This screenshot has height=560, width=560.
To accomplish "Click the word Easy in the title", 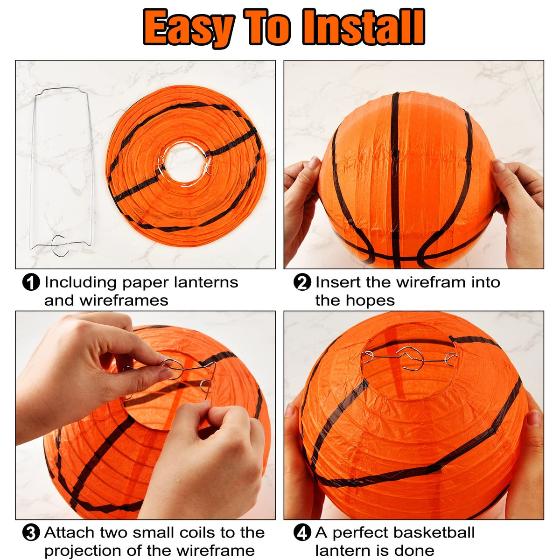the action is pyautogui.click(x=189, y=28).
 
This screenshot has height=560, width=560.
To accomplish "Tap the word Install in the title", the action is pyautogui.click(x=363, y=27).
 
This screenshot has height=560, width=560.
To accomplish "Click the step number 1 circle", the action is pyautogui.click(x=31, y=282).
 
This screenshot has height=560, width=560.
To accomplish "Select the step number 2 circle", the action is pyautogui.click(x=302, y=282).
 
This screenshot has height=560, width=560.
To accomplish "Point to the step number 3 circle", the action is pyautogui.click(x=31, y=533).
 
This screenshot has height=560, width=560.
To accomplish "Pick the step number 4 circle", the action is pyautogui.click(x=302, y=533).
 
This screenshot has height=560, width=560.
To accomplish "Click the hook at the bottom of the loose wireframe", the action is pyautogui.click(x=61, y=245).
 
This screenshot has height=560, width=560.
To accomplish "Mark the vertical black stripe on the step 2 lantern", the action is pyautogui.click(x=395, y=180).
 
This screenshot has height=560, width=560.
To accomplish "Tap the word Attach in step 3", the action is pyautogui.click(x=70, y=532).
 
